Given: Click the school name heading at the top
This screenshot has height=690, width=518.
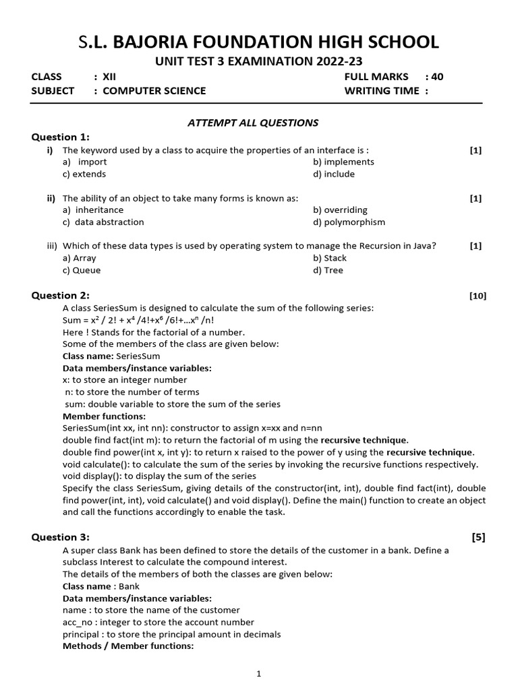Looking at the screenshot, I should pos(258,42).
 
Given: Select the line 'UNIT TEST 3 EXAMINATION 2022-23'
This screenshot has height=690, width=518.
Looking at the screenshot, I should pos(258,62).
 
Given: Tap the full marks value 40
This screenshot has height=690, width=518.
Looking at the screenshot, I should pos(438,77).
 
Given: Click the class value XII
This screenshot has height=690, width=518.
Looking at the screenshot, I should pos(109,77).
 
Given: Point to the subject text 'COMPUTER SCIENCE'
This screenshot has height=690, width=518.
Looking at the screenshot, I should pos(154,90).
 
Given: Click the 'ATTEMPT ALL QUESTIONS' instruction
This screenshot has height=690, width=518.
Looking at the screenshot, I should pos(252,123).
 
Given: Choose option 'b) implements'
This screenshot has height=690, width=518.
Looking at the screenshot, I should pos(343,162).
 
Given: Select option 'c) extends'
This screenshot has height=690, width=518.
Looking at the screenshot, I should pos(84,174).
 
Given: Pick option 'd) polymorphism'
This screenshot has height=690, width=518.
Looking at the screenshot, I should pos(349,222).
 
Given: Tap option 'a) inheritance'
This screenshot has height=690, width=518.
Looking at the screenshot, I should pos(93,210).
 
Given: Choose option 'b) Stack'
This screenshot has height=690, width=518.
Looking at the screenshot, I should pos(330,258).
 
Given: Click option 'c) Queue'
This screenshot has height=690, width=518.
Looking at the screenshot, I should pos(82,270).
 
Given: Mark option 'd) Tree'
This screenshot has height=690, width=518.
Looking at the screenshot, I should pos(328,270).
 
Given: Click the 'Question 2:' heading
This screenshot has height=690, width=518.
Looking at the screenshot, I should pos(60,295).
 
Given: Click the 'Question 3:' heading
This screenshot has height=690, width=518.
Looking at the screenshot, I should pos(60,537).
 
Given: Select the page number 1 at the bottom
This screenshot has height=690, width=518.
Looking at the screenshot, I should pos(258,673).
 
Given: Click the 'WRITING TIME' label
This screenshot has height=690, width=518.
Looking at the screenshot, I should pos(382,90).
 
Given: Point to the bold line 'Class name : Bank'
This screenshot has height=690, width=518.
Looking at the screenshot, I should pos(101,586).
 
